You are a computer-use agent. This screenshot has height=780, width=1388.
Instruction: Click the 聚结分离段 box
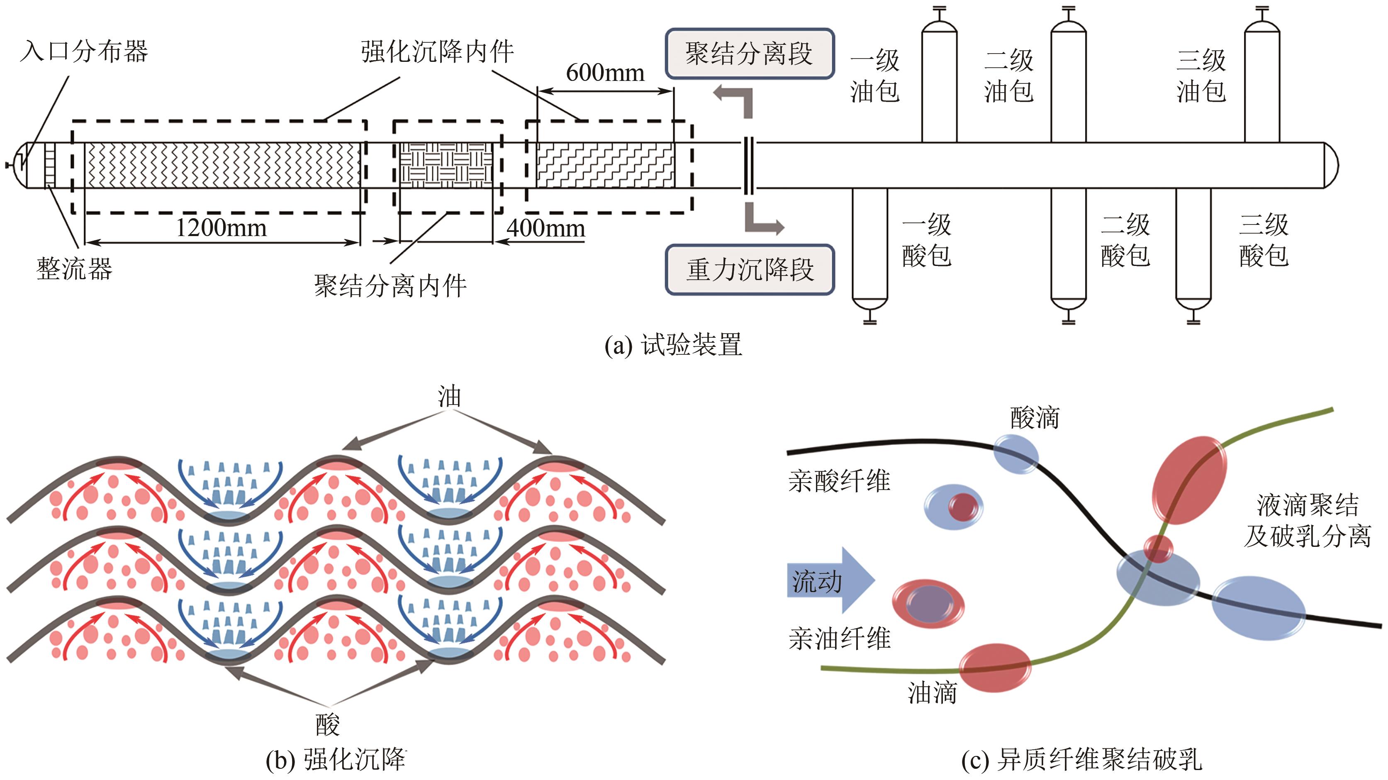pos(750,54)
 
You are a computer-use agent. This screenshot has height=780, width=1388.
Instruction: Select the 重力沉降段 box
pos(750,270)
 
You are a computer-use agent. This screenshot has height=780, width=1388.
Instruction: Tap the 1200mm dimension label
pos(222,227)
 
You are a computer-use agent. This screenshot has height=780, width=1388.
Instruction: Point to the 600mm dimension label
pos(605,72)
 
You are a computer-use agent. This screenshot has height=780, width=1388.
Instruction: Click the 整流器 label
pos(74,268)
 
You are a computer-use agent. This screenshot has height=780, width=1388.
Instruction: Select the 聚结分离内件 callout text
pos(390,286)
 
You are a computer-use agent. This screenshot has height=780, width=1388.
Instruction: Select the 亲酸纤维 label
pos(839,481)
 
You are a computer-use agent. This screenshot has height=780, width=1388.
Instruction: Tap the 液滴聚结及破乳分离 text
pos(1307,521)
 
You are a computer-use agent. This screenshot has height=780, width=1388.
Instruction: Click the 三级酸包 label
pos(1264,240)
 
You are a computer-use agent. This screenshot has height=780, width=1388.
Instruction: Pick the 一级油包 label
pos(874,76)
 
